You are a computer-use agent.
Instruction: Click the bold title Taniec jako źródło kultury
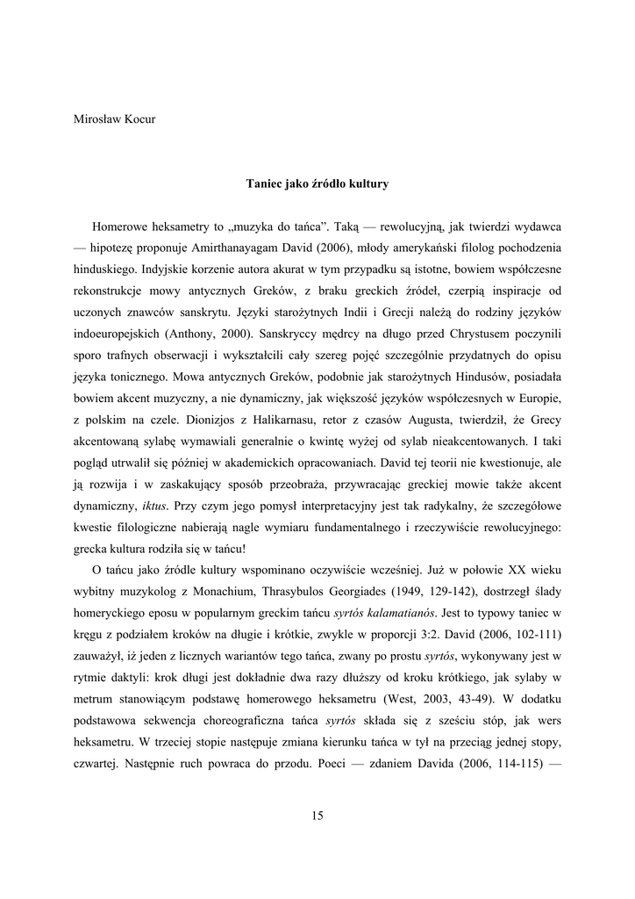pos(317,184)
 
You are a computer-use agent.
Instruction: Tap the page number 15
pos(317,816)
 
